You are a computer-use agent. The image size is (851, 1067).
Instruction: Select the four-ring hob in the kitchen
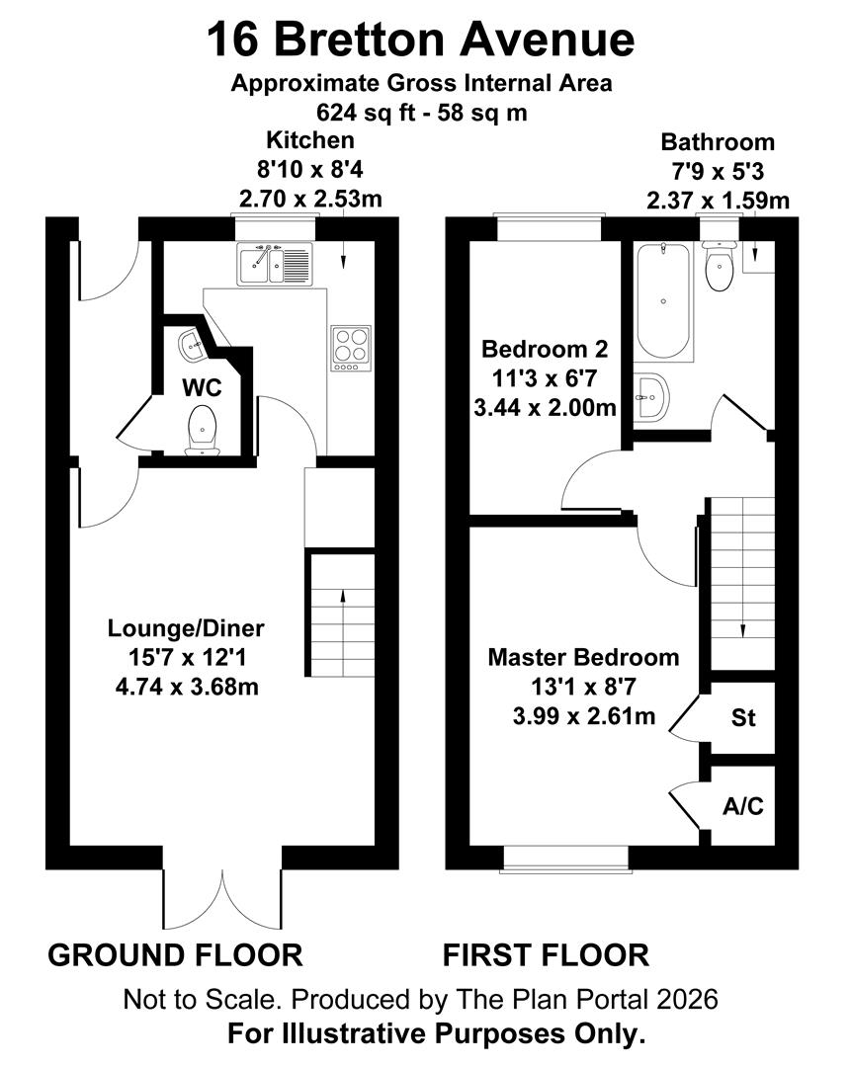pyautogui.click(x=349, y=347)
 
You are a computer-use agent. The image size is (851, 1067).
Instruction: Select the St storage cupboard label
pyautogui.click(x=743, y=718)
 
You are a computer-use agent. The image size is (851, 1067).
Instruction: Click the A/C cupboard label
pyautogui.click(x=742, y=806)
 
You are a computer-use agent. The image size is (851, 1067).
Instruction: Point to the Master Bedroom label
pyautogui.click(x=584, y=657)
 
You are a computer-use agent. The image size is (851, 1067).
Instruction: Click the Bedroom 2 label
pyautogui.click(x=544, y=349)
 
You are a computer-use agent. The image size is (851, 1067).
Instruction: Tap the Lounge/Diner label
pyautogui.click(x=186, y=627)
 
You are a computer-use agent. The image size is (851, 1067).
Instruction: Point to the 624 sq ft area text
pyautogui.click(x=421, y=112)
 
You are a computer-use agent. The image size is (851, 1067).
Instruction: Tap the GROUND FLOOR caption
pyautogui.click(x=175, y=955)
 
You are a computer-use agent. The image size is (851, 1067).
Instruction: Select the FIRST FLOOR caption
pyautogui.click(x=545, y=955)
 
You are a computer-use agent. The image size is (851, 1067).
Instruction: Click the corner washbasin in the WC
pyautogui.click(x=192, y=345)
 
